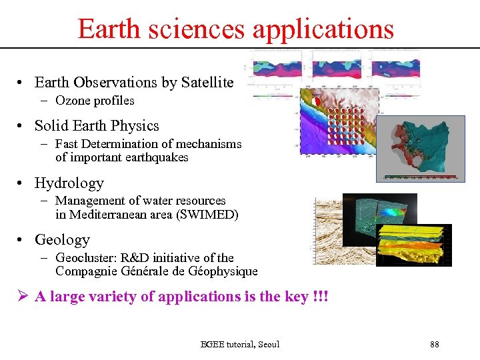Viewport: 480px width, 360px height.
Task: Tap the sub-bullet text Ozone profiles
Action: tap(95, 101)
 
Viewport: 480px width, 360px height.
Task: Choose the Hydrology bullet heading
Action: tap(69, 183)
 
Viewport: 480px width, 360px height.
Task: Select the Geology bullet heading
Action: tap(62, 239)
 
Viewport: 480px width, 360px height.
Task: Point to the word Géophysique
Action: tap(223, 271)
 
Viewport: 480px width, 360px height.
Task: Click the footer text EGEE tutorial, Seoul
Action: tap(240, 344)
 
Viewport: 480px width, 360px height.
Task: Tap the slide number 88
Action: tap(435, 344)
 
